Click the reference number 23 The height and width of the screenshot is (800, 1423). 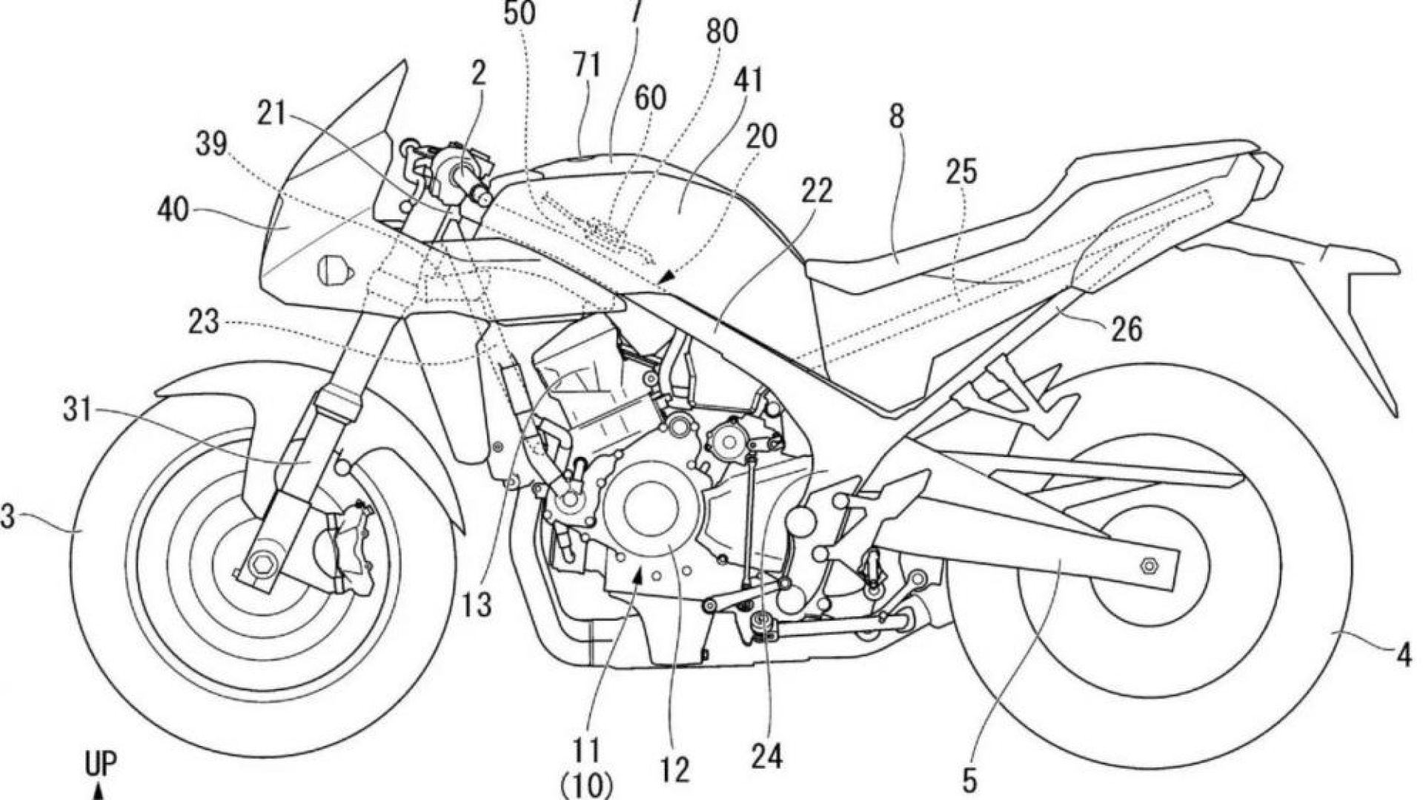tap(203, 323)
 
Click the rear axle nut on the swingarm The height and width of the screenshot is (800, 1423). tap(1150, 567)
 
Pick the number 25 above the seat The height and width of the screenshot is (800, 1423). tap(961, 172)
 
